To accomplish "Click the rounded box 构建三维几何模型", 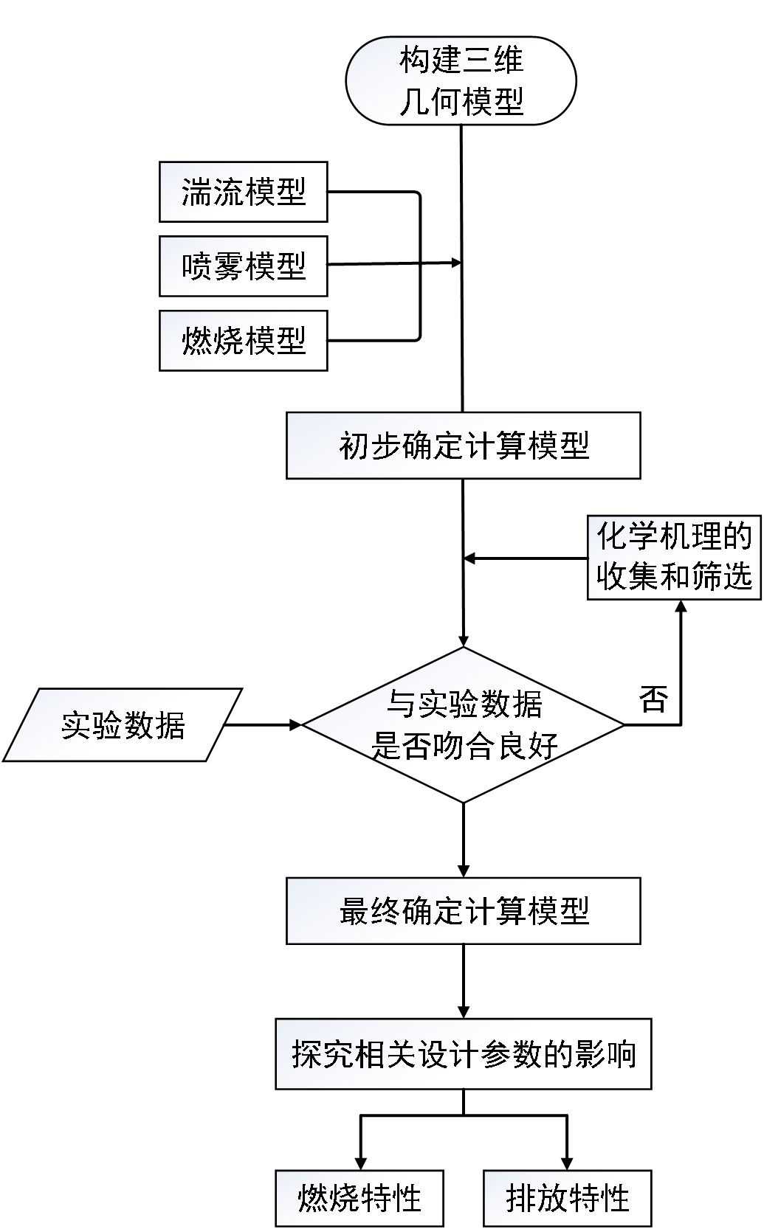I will tap(461, 81).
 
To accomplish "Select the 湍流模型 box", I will tap(243, 192).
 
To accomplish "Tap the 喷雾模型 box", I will tap(243, 266).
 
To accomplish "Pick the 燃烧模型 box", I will tap(243, 340).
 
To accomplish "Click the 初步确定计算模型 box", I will tap(463, 446).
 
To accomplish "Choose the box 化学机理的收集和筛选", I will tap(673, 557).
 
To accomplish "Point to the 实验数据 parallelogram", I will tap(123, 725).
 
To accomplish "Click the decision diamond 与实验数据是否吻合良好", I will tap(464, 725).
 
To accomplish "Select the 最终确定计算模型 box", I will tap(463, 911).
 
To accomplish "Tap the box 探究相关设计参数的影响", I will tap(463, 1054).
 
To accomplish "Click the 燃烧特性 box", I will tap(359, 1198).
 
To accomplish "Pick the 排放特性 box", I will tap(567, 1198).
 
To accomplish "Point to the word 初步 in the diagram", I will tap(370, 446).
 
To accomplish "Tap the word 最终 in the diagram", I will tap(370, 911).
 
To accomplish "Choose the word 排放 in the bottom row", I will tap(536, 1198).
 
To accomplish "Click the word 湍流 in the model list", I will tap(212, 192).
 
